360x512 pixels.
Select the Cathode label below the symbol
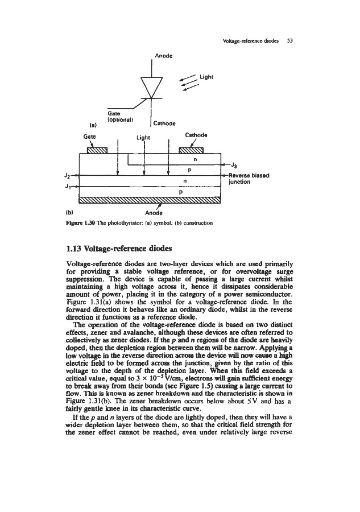click(x=165, y=123)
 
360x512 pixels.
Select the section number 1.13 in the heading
click(x=78, y=250)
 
